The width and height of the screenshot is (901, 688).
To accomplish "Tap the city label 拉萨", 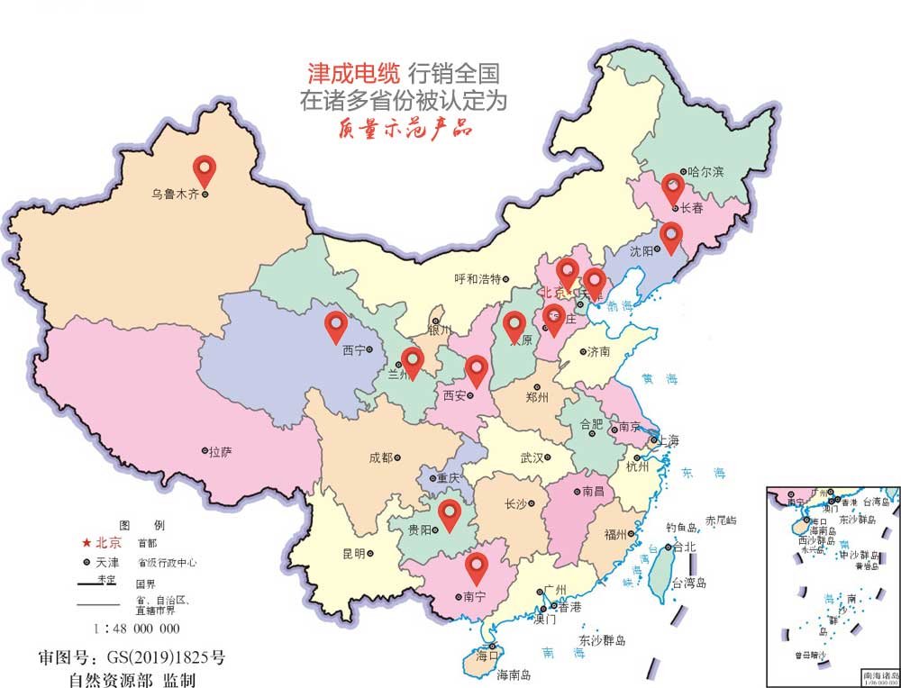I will (220, 452).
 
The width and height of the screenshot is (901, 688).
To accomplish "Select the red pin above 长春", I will (672, 186).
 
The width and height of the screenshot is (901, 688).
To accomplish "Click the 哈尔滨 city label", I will (705, 171).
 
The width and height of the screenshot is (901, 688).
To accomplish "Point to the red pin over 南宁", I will (477, 566).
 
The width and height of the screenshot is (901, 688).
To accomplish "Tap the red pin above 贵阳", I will (449, 512).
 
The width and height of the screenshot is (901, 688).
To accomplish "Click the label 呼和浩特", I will (478, 279).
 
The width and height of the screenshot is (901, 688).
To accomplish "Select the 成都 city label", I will (380, 457).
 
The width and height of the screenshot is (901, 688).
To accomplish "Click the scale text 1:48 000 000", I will (137, 629).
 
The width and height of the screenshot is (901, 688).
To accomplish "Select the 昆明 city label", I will (353, 553).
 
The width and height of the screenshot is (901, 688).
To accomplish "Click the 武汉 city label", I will (532, 458).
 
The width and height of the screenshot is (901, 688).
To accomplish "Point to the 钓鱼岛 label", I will (682, 527).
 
